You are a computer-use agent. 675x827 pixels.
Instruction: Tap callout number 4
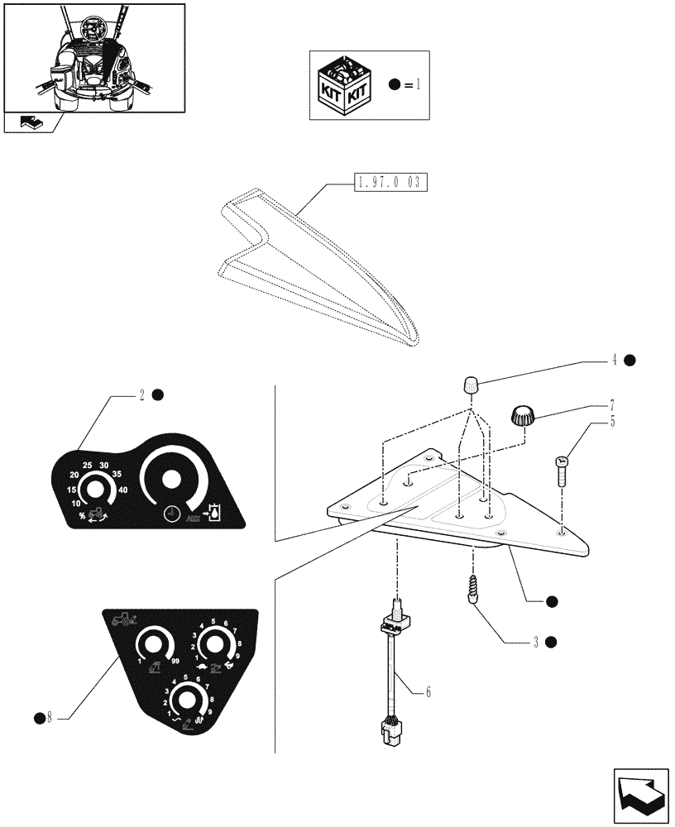[615, 360]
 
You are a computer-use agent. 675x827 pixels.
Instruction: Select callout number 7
[611, 406]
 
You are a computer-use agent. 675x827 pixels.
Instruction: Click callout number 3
[535, 642]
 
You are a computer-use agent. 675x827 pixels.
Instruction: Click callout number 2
[141, 395]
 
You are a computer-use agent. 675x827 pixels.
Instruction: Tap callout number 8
[49, 716]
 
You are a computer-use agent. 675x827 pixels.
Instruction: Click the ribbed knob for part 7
[521, 415]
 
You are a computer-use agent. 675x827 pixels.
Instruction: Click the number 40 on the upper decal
[123, 490]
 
